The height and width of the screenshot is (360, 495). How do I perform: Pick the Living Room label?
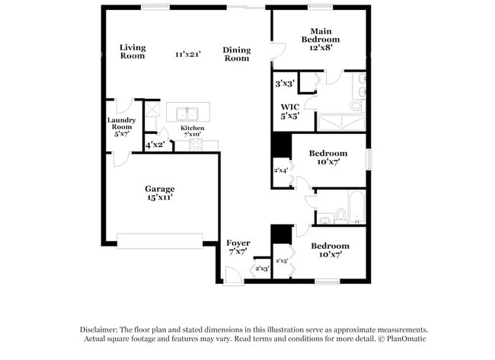pyautogui.click(x=132, y=51)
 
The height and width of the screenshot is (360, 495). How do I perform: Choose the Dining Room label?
pyautogui.click(x=236, y=54)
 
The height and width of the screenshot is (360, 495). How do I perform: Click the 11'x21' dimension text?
pyautogui.click(x=187, y=54)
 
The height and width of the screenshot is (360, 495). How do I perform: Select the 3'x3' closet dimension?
pyautogui.click(x=285, y=83)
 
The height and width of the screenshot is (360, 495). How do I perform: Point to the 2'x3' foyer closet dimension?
pyautogui.click(x=262, y=268)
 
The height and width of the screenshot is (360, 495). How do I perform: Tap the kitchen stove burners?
pyautogui.click(x=195, y=145)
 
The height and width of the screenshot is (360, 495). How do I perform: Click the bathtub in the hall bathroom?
pyautogui.click(x=356, y=207)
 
